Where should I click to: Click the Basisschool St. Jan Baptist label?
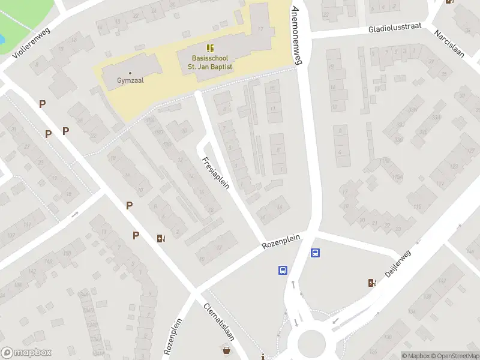pos(212,62)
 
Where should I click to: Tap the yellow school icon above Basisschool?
pos(209,47)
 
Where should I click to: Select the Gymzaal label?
pos(130,79)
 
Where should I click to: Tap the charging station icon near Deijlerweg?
pos(373,283)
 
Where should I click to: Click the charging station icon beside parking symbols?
pos(160,238)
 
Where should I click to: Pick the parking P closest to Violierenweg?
pos(42,104)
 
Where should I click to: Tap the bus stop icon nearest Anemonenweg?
pos(315,253)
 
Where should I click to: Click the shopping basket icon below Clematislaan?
pos(227,350)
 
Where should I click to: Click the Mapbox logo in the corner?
pos(26,353)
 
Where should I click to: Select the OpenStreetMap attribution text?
pos(454,356)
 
